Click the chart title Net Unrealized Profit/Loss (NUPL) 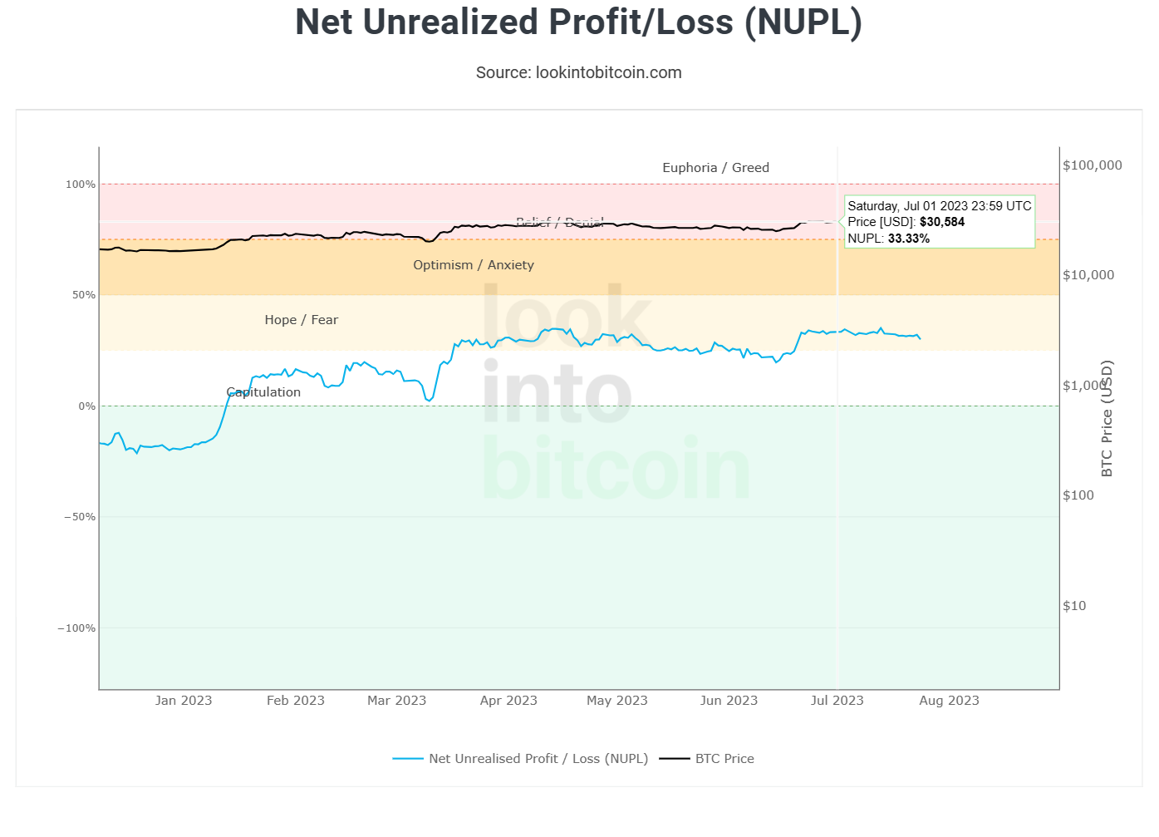point(578,22)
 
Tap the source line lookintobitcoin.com point(578,72)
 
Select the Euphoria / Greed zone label point(715,168)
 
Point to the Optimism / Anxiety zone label point(474,265)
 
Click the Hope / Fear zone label point(301,320)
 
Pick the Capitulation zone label point(263,392)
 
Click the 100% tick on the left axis point(81,185)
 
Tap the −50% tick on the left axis point(80,517)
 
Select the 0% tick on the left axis point(86,406)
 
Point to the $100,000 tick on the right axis point(1092,165)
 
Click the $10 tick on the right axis point(1074,606)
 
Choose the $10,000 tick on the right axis point(1088,275)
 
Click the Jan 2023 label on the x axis point(184,701)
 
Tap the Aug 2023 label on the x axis point(949,701)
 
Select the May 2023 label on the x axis point(616,701)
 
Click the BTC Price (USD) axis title point(1107,418)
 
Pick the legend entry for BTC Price point(724,759)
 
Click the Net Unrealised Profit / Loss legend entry point(538,759)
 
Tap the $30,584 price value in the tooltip point(942,222)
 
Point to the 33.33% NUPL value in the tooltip point(908,239)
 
